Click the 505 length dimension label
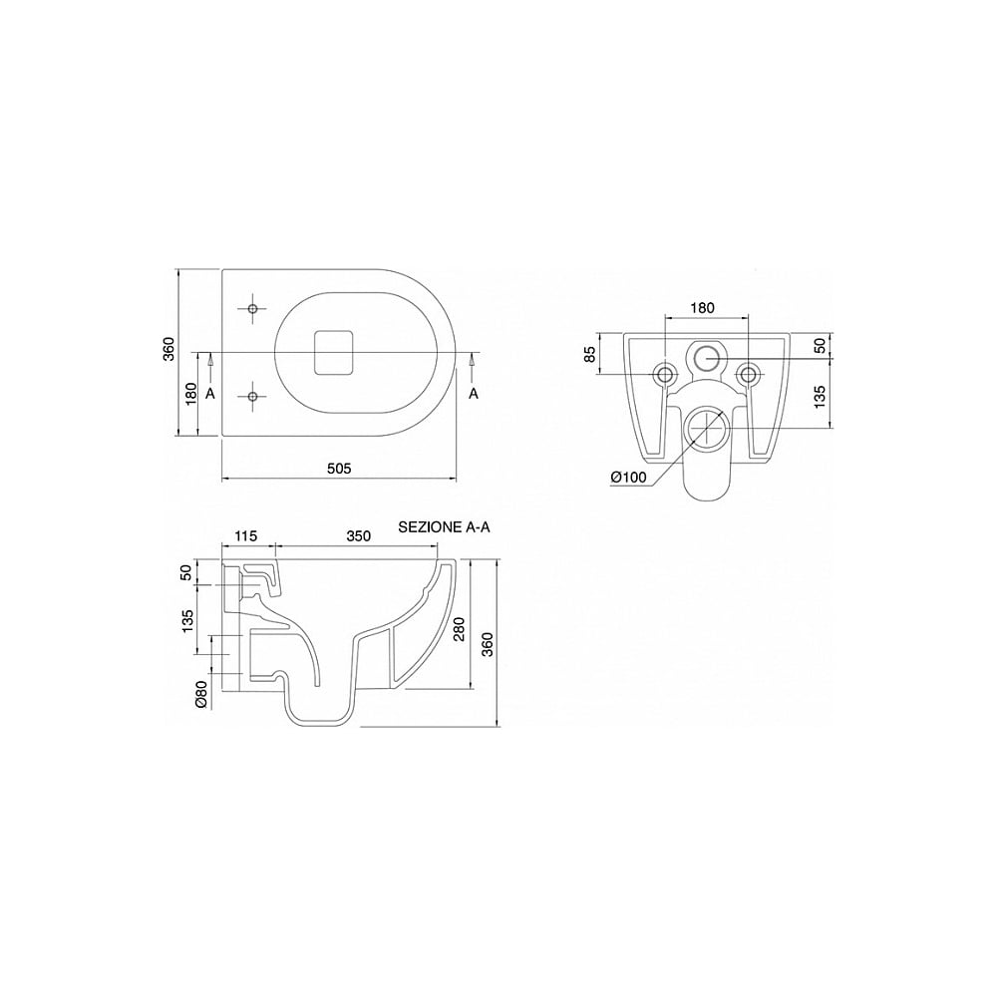pyautogui.click(x=339, y=469)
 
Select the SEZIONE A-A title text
pyautogui.click(x=444, y=527)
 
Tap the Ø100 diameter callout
pyautogui.click(x=628, y=477)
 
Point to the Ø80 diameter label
pyautogui.click(x=200, y=694)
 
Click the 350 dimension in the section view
pyautogui.click(x=359, y=536)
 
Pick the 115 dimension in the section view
pyautogui.click(x=245, y=536)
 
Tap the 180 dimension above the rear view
pyautogui.click(x=702, y=308)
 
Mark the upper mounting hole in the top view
pyautogui.click(x=252, y=308)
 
